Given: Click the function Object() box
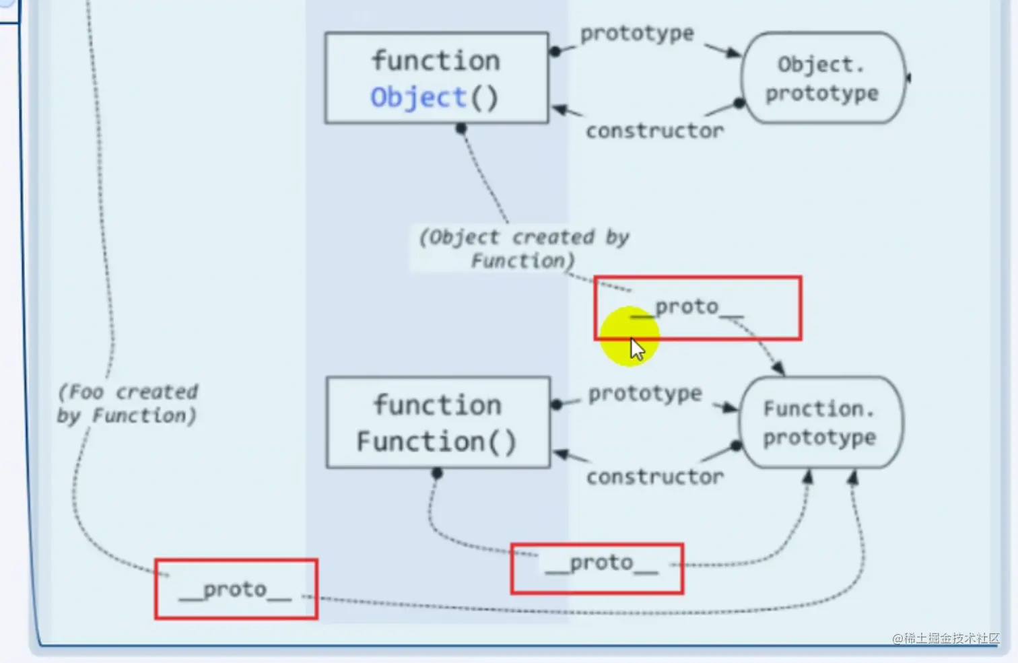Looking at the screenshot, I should click(x=436, y=78).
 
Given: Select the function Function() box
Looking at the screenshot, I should click(x=438, y=423).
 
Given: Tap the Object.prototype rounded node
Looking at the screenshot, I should click(x=822, y=78).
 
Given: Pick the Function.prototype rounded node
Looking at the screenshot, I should click(x=820, y=423).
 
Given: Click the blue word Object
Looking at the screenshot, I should click(x=418, y=98).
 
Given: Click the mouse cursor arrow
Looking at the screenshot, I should click(x=636, y=349).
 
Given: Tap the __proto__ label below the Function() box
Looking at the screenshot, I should click(x=601, y=563).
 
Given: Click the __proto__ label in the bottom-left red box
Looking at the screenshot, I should click(x=235, y=590).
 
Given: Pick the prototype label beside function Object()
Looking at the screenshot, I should click(x=637, y=33).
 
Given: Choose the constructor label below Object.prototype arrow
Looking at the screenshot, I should click(x=654, y=131).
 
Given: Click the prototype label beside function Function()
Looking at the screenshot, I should click(x=645, y=394).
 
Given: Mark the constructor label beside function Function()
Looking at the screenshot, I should click(x=654, y=477).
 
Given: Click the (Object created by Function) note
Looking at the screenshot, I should click(x=524, y=248).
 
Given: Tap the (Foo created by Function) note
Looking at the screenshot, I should click(x=128, y=403).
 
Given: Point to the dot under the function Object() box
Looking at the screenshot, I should click(x=461, y=129).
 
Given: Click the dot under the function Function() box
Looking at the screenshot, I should click(x=437, y=474).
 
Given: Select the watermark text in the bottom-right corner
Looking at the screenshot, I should click(x=945, y=638).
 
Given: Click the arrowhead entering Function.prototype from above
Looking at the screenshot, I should click(x=778, y=368).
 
